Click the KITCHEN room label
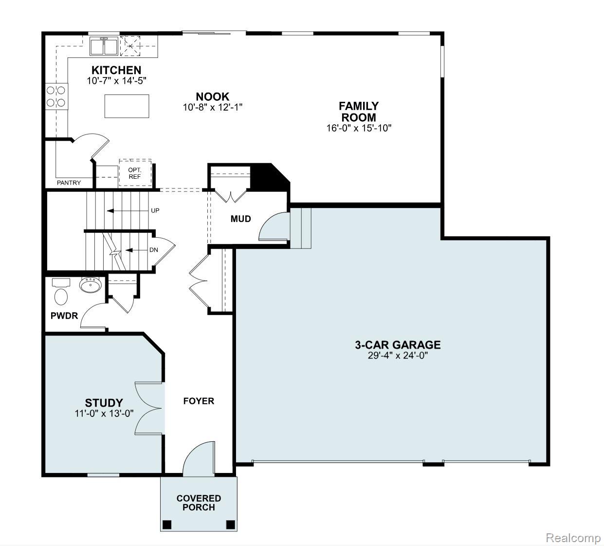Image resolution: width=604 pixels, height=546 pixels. pos(116,70)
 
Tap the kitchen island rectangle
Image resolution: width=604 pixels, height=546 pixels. pos(127,106)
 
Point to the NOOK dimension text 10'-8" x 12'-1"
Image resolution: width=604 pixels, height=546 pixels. pos(213,107)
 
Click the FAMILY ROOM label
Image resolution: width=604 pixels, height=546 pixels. pos(359,112)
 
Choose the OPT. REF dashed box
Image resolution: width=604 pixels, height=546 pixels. pos(135,173)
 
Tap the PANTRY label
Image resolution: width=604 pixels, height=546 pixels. pos(69,183)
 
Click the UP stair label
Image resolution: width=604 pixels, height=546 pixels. pos(155,210)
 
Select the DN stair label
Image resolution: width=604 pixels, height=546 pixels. pos(154,250)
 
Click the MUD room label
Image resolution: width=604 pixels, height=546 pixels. pos(240,219)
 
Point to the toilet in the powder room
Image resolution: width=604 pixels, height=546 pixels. pos(61,296)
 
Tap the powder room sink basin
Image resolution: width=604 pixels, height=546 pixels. pos(91,285)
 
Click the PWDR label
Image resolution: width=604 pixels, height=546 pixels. pos(64,316)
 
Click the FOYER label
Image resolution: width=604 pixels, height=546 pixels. pos(199,401)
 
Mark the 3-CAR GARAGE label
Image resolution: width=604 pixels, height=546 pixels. pos(397,345)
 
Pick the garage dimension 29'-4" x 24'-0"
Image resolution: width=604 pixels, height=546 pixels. pos(397,356)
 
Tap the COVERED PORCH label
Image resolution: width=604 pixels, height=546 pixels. pos(199,503)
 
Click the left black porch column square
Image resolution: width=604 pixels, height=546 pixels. pos(167,525)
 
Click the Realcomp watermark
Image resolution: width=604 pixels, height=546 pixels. pos(573,538)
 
